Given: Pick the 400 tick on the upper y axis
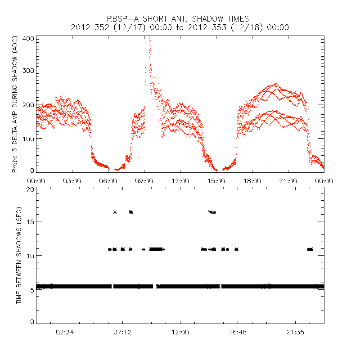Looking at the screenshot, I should [28, 38].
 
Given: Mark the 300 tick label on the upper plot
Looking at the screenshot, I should [28, 70].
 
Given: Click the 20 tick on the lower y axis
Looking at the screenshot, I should [30, 189].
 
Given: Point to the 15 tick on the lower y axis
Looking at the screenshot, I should [30, 221].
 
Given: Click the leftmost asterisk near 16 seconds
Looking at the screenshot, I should [115, 212].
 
